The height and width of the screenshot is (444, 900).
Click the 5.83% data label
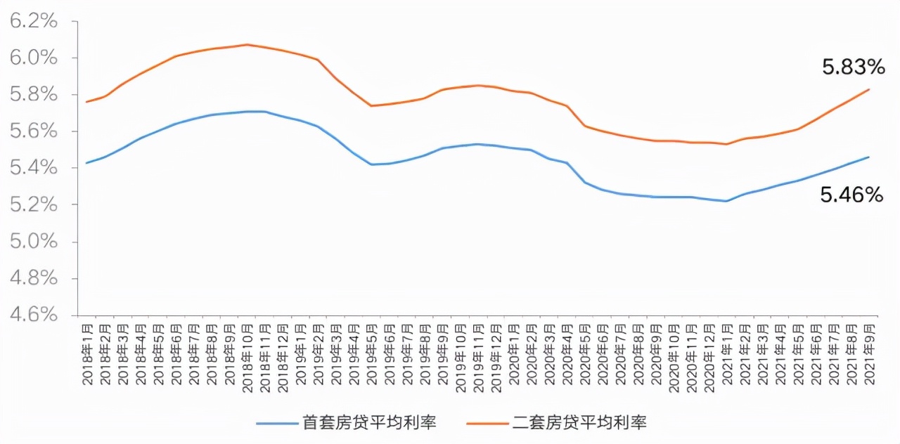click(853, 67)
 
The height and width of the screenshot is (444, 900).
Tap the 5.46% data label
click(851, 195)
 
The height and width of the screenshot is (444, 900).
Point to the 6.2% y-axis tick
click(33, 21)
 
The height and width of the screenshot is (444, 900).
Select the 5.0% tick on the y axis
click(33, 242)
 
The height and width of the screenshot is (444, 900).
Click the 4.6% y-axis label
click(33, 315)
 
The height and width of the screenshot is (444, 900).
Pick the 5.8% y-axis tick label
click(33, 95)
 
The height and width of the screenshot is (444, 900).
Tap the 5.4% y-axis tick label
click(33, 169)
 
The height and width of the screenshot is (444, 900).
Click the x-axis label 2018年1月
click(87, 354)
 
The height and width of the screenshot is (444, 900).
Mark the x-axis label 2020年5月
click(585, 354)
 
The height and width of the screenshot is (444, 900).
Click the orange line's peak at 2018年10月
click(247, 44)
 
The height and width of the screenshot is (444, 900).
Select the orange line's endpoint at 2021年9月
click(869, 89)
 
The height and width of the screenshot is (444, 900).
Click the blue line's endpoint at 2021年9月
click(869, 157)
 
